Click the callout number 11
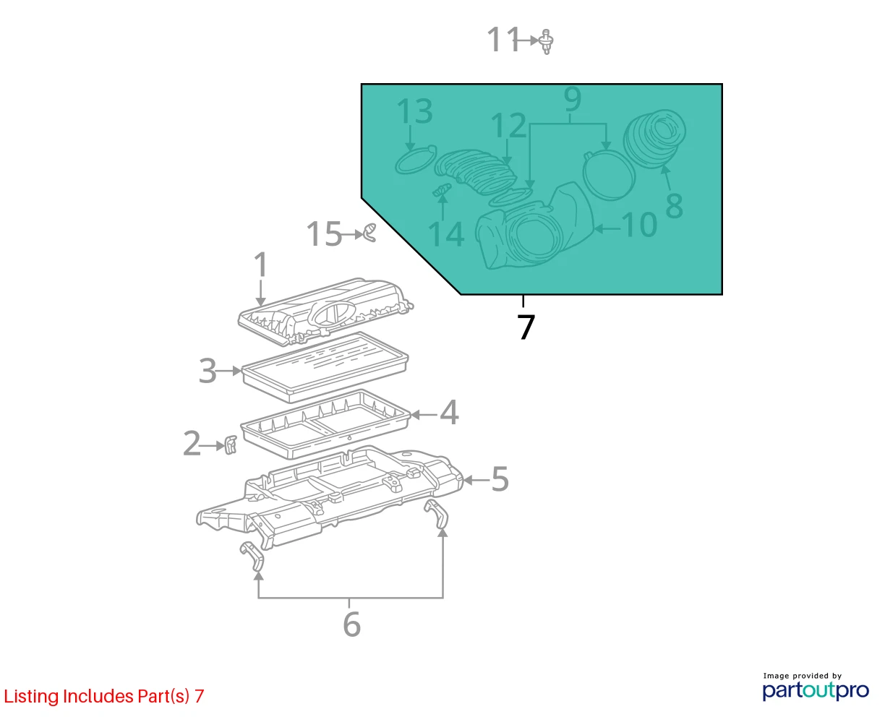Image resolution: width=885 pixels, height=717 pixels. pos(503,40)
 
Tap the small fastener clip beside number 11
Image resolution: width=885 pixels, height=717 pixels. pos(547,41)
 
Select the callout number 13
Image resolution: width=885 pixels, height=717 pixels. pos(414,111)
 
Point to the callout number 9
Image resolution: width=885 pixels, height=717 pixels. pos(572,98)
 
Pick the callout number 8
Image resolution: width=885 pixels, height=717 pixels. pos(674,205)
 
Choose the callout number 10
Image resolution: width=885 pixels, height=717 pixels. pos(639,224)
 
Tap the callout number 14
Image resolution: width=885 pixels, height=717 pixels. pos(446,234)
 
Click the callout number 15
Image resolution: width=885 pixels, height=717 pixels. pos(324,233)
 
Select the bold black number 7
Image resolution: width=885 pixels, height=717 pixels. pos(526,327)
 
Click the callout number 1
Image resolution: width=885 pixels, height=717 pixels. pos(260,265)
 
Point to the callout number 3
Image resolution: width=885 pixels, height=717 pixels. pos(208,371)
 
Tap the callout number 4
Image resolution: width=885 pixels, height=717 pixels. pos(449,412)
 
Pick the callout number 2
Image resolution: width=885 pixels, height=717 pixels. pos(192,444)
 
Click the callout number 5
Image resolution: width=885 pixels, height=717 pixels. pos(500,478)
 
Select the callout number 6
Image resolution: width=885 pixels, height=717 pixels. pos(351,624)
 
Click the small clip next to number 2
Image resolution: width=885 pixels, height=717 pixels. pos(231,445)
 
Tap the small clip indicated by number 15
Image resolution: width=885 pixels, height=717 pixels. pos(369,233)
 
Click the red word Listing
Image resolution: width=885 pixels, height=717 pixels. pos(32,696)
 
